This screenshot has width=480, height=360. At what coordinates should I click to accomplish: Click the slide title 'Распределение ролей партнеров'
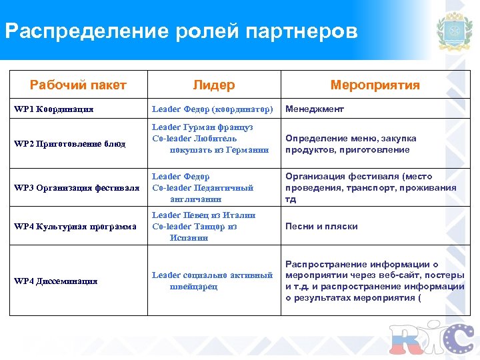click(181, 31)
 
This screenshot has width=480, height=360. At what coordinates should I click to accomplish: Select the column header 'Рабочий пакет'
click(78, 85)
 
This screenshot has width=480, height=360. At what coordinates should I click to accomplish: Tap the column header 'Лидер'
click(213, 85)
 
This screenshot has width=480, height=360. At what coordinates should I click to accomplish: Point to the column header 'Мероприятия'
click(375, 85)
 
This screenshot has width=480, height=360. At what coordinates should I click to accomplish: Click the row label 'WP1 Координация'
click(54, 109)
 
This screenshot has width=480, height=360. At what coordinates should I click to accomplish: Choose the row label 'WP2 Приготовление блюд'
click(70, 143)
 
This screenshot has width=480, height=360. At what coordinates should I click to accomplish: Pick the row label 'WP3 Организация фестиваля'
click(77, 187)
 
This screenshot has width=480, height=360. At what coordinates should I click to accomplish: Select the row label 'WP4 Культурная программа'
click(75, 227)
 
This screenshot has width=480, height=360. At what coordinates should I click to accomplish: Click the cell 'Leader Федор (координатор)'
click(213, 109)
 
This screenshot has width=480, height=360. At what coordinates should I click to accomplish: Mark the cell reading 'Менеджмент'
click(315, 109)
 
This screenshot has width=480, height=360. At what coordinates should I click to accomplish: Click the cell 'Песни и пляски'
click(321, 227)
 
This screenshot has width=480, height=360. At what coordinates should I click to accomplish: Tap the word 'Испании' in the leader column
click(184, 238)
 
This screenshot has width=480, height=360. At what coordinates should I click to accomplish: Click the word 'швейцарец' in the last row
click(193, 287)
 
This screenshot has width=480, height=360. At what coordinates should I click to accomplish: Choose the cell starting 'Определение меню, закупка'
click(351, 144)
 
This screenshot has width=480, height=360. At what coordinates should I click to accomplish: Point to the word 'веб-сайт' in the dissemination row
click(395, 275)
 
